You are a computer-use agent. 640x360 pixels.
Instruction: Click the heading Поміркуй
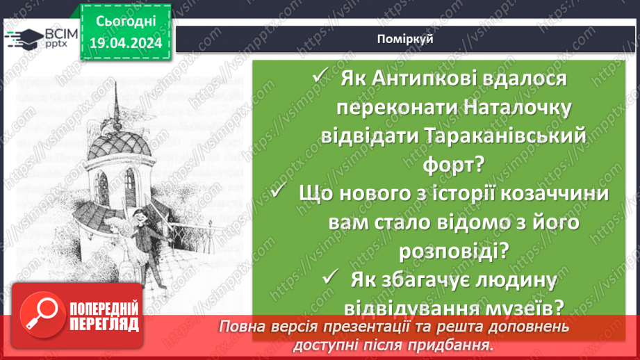click(411, 39)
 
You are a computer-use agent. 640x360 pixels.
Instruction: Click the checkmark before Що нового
click(279, 193)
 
